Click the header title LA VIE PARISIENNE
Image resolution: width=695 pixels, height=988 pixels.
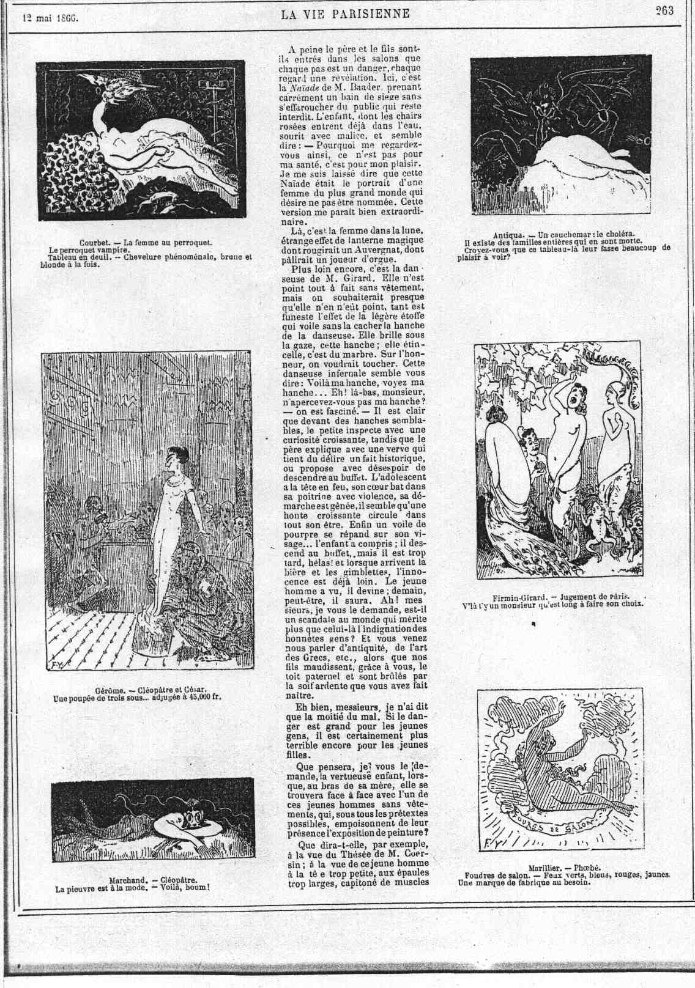[345, 13]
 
